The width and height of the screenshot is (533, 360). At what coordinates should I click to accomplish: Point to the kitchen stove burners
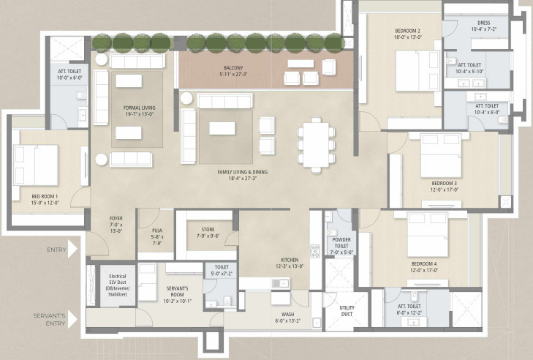click(x=316, y=251)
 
